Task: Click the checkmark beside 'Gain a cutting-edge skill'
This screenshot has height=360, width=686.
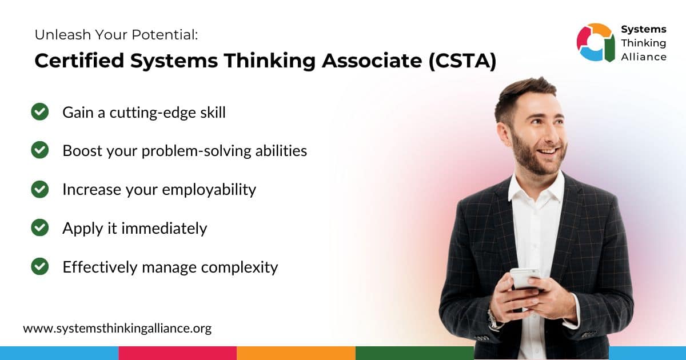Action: (40, 112)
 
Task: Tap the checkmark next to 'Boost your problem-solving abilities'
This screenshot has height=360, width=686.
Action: (40, 150)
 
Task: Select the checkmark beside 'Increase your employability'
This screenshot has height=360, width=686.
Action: (40, 189)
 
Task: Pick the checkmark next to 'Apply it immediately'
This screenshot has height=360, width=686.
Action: (40, 227)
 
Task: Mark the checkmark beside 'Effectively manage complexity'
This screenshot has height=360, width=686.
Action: (40, 266)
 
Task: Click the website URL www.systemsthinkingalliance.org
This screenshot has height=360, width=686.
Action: (117, 329)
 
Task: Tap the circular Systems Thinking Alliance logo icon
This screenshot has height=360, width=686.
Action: (596, 42)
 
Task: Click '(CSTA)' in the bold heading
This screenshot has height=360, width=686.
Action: (462, 61)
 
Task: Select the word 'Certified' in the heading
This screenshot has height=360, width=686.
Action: (79, 61)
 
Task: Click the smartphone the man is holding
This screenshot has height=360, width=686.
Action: (525, 278)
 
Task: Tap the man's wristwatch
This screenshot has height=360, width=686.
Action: (492, 320)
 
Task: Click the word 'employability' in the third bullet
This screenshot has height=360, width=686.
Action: (209, 190)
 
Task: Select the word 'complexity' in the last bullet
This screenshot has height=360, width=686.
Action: (240, 267)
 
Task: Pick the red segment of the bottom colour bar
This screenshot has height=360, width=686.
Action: (178, 353)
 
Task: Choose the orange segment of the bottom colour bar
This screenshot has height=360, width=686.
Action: (296, 353)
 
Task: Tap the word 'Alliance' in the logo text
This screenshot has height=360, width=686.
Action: (644, 57)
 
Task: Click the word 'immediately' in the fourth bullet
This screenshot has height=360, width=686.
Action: (164, 228)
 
